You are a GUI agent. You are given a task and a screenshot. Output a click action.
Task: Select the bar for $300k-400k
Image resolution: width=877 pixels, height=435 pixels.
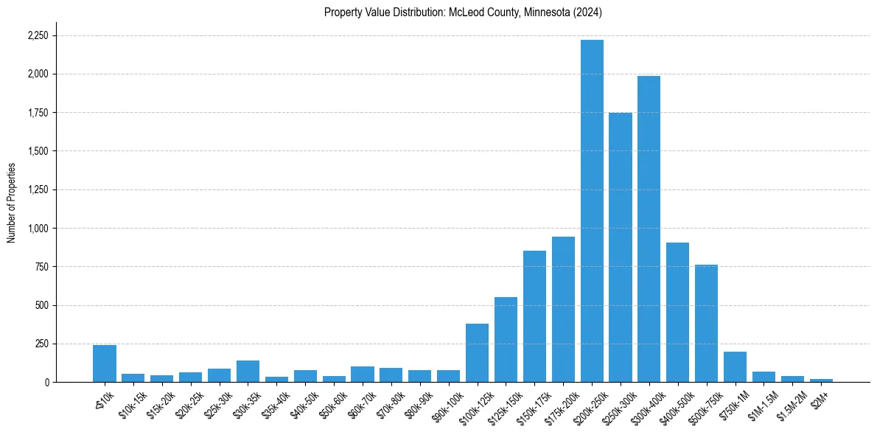649,229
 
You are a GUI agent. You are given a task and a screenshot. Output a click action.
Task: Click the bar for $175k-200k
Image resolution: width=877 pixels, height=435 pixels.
563,309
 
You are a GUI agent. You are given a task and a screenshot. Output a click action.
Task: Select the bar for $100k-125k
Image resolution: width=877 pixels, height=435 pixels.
477,352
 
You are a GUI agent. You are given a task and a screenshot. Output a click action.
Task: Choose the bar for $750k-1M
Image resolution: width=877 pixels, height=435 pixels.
735,366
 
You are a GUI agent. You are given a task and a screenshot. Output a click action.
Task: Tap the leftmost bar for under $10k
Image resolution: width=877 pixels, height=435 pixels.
105,363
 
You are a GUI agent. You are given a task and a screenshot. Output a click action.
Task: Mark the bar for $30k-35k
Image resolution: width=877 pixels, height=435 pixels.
248,371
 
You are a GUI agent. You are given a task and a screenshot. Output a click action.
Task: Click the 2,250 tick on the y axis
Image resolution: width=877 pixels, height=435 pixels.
38,35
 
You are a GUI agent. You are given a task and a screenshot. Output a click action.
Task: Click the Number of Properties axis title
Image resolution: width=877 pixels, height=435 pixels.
11,202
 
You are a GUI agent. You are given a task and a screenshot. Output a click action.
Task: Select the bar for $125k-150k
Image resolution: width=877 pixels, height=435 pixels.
506,339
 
